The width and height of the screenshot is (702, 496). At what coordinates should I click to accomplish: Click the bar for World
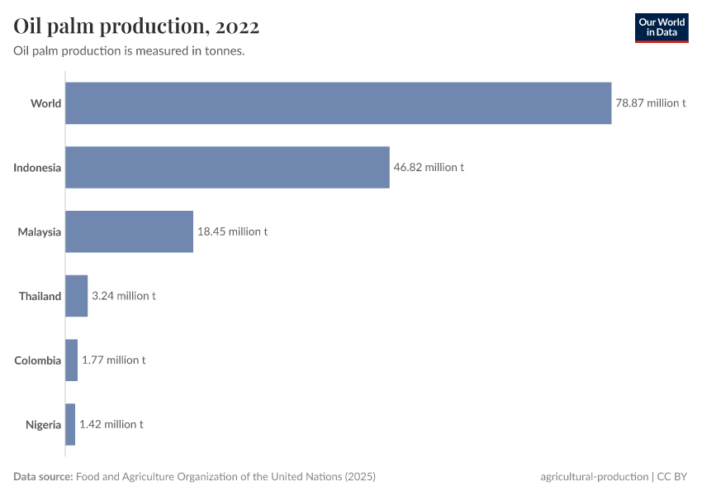339,103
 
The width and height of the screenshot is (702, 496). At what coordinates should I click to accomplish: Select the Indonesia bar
227,167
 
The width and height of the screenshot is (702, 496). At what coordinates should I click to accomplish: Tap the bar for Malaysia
129,231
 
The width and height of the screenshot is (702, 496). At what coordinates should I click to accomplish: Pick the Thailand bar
77,296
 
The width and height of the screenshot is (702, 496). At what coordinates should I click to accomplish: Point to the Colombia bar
72,360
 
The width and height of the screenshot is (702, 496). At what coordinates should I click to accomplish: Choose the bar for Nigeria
70,424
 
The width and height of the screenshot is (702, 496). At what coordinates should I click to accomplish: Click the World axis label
45,103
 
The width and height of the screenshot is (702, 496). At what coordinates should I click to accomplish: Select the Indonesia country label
37,168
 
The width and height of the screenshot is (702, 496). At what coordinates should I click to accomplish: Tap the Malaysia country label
40,231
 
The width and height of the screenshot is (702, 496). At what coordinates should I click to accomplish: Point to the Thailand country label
40,296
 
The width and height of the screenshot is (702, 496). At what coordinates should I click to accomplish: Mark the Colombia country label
38,360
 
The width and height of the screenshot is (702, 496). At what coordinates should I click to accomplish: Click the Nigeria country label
43,424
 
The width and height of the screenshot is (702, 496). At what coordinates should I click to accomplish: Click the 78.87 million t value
651,103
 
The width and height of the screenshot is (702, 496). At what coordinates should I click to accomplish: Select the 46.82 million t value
429,167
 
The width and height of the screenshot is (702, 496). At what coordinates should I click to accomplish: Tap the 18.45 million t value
232,231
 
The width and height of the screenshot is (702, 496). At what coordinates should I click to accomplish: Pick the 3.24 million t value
124,296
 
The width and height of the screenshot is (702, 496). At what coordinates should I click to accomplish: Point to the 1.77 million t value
114,360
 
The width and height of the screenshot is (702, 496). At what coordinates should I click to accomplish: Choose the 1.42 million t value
111,424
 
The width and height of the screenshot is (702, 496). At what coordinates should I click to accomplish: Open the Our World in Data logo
662,27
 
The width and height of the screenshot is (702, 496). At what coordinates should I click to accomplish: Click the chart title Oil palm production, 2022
137,26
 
